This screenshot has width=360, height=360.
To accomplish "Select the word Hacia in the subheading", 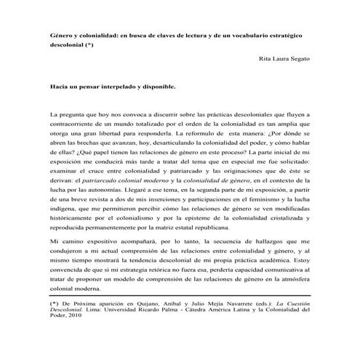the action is point(60,86).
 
